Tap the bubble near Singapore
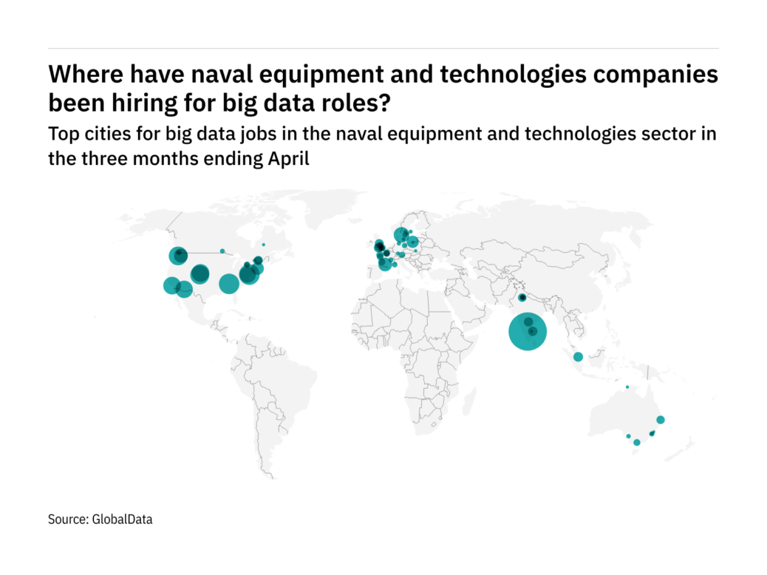coord(578,357)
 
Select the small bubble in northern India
coord(522,298)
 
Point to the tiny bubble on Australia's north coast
coord(627,387)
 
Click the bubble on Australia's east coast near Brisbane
coord(661,420)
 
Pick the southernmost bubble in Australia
coord(637,443)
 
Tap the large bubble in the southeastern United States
coord(228,283)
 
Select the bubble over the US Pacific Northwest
coord(177,256)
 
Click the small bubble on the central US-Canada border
coord(222,251)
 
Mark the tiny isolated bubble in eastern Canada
coord(263,245)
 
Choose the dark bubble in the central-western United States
coord(200,274)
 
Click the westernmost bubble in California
coord(171,285)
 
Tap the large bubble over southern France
coord(385,264)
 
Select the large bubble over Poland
coord(412,241)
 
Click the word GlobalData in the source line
coord(123,520)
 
